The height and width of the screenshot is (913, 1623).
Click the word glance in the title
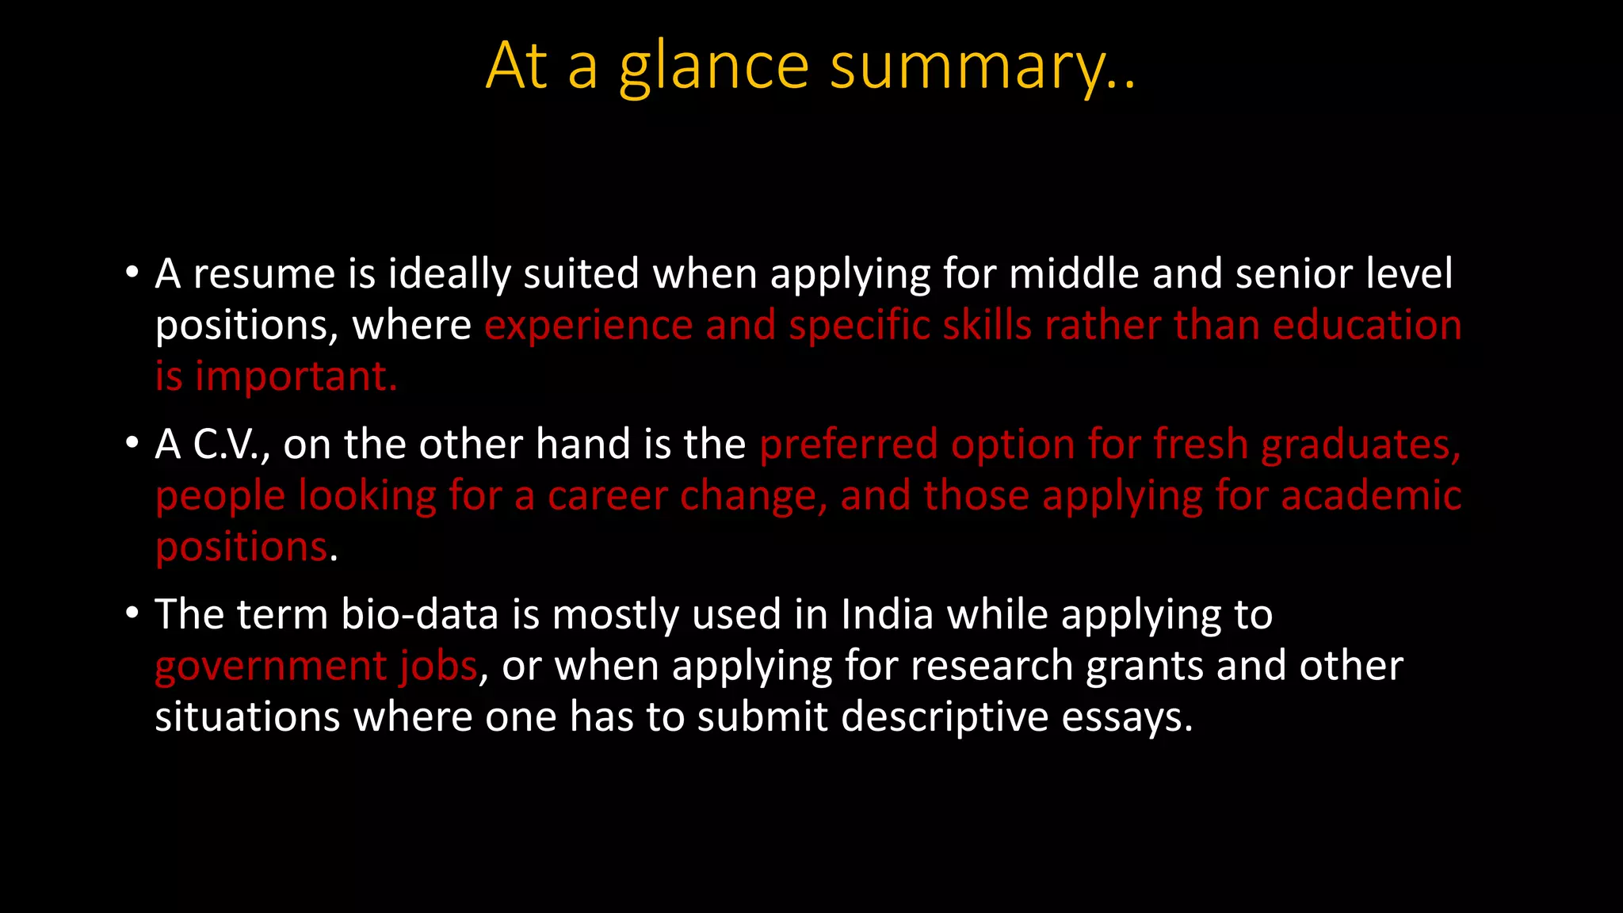point(713,67)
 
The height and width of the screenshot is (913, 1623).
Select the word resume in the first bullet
point(264,274)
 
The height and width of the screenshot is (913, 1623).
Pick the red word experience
point(589,326)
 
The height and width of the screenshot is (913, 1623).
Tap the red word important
point(296,376)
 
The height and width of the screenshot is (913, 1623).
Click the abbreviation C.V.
point(231,445)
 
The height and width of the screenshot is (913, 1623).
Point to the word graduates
point(1361,445)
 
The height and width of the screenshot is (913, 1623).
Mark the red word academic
point(1371,496)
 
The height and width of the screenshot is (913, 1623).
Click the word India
point(887,615)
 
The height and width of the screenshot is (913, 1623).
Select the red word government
point(270,666)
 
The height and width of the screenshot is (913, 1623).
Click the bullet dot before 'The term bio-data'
point(132,613)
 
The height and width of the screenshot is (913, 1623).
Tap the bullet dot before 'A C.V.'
point(132,443)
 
